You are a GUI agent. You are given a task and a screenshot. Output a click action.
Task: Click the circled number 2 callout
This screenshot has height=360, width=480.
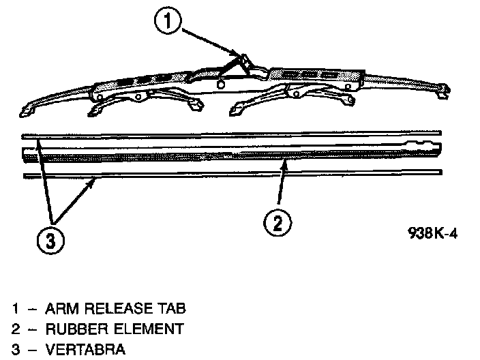pyautogui.click(x=279, y=224)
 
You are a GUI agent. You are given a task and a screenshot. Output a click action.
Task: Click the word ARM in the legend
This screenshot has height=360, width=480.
pyautogui.click(x=61, y=308)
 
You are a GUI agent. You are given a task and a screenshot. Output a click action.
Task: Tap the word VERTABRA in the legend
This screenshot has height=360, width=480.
pyautogui.click(x=84, y=350)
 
